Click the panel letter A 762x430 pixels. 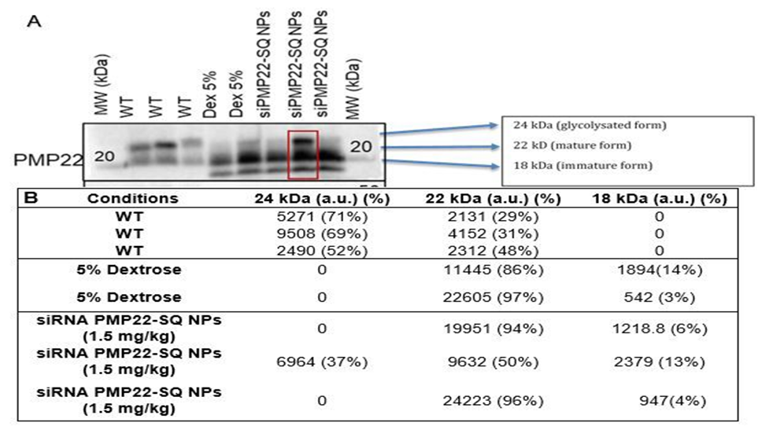click(x=34, y=23)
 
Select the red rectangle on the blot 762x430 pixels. click(x=303, y=155)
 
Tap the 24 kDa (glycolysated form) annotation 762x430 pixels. click(x=579, y=127)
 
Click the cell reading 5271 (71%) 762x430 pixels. click(x=320, y=217)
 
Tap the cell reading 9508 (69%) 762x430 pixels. click(x=320, y=235)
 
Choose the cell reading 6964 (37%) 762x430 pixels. click(x=320, y=363)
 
